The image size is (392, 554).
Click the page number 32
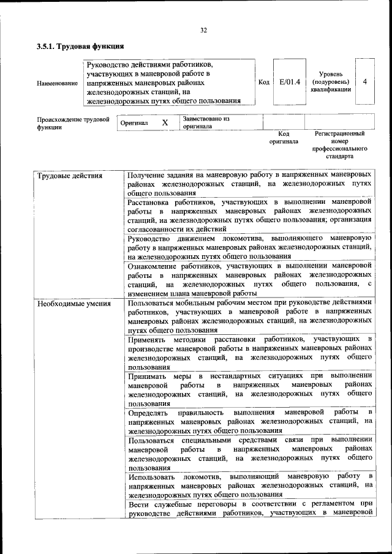tap(203, 29)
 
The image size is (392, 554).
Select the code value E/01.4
tap(289, 81)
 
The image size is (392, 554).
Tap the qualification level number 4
tap(364, 81)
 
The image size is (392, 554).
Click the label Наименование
tap(57, 83)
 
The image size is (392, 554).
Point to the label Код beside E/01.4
tap(264, 82)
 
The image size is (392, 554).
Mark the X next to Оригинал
tap(165, 122)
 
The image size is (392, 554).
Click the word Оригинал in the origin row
tap(134, 123)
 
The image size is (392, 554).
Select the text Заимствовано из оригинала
tap(205, 122)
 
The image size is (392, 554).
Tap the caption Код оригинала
tap(284, 137)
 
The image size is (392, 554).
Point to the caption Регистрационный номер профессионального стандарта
tap(339, 144)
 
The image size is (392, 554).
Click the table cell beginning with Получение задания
tap(250, 184)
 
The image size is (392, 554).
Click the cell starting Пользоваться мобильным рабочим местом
tap(250, 316)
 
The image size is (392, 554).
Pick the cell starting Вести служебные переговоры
tap(250, 508)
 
